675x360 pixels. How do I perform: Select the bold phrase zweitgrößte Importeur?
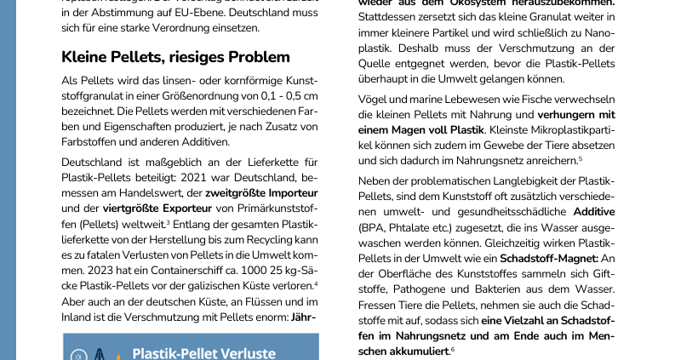pos(261,192)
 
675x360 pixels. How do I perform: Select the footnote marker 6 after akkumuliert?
pos(453,349)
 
